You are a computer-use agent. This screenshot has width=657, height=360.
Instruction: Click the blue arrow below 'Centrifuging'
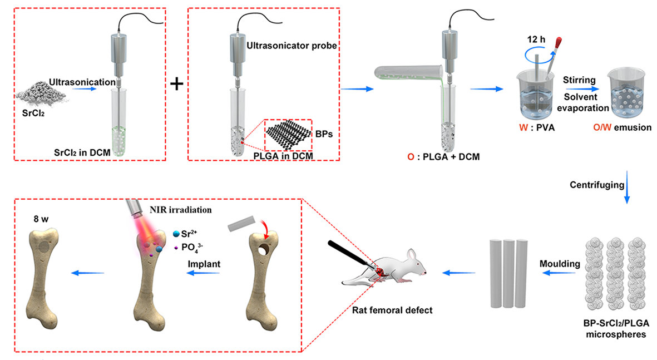627,195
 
